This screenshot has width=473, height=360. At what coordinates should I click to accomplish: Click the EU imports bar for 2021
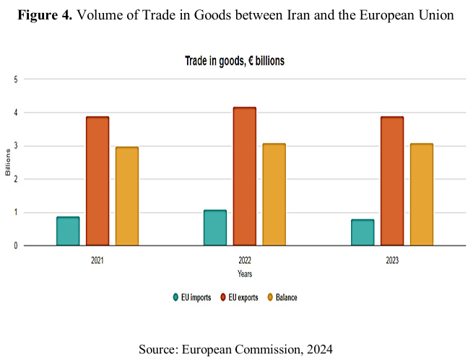pos(68,231)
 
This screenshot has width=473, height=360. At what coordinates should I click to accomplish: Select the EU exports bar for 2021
pos(97,181)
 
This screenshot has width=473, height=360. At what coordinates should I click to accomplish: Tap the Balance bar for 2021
pos(127,196)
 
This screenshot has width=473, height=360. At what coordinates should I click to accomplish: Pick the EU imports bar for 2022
pos(215,227)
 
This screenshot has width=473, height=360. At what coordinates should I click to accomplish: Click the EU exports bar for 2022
pos(245,177)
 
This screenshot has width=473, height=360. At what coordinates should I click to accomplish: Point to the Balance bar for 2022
pos(274,195)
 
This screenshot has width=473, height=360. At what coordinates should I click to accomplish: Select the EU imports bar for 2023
pos(363,232)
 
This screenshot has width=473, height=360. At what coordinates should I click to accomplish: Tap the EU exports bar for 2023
pos(392,181)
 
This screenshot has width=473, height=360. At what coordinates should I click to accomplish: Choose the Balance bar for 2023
pos(422,195)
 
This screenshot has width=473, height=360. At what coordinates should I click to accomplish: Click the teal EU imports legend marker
pos(175,297)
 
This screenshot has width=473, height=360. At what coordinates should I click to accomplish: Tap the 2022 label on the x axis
pos(245,258)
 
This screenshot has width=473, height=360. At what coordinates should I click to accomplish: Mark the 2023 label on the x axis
pos(392,258)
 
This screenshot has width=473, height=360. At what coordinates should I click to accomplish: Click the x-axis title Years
pos(245,274)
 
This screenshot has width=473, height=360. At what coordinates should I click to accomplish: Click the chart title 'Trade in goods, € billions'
pos(235,61)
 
